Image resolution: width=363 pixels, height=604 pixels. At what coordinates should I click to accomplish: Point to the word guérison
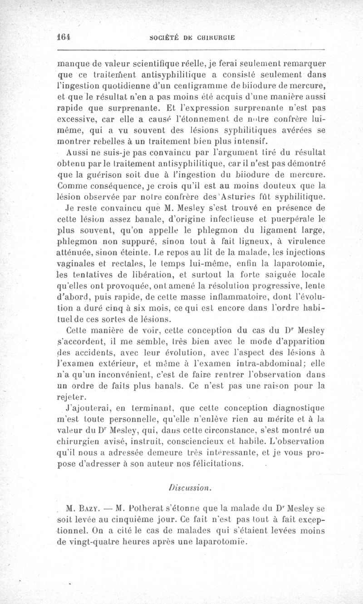coord(112,175)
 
